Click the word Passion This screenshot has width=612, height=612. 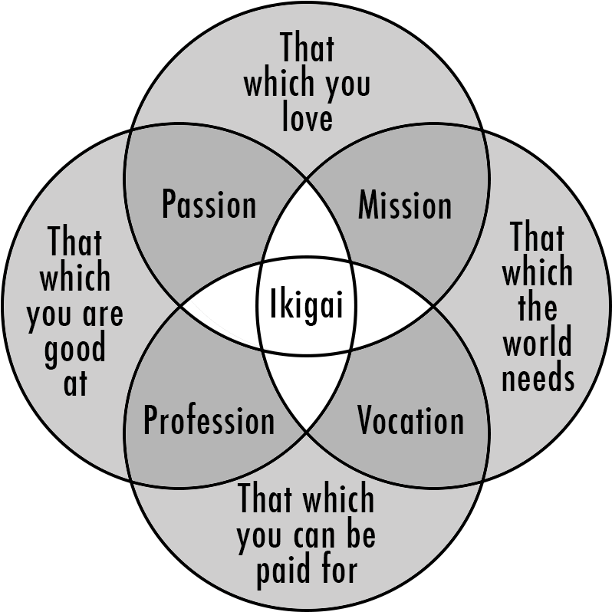[209, 206]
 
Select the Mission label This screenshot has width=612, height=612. [405, 206]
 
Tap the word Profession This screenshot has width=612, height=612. [209, 421]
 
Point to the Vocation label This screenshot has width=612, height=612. [410, 421]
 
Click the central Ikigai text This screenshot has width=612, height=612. [307, 308]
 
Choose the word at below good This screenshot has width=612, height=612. [75, 383]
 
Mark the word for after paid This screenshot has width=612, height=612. [336, 570]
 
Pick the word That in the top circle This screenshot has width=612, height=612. [307, 48]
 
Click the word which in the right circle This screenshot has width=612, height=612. [537, 272]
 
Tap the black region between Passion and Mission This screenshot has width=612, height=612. [307, 222]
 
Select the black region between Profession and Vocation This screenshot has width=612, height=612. [307, 391]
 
